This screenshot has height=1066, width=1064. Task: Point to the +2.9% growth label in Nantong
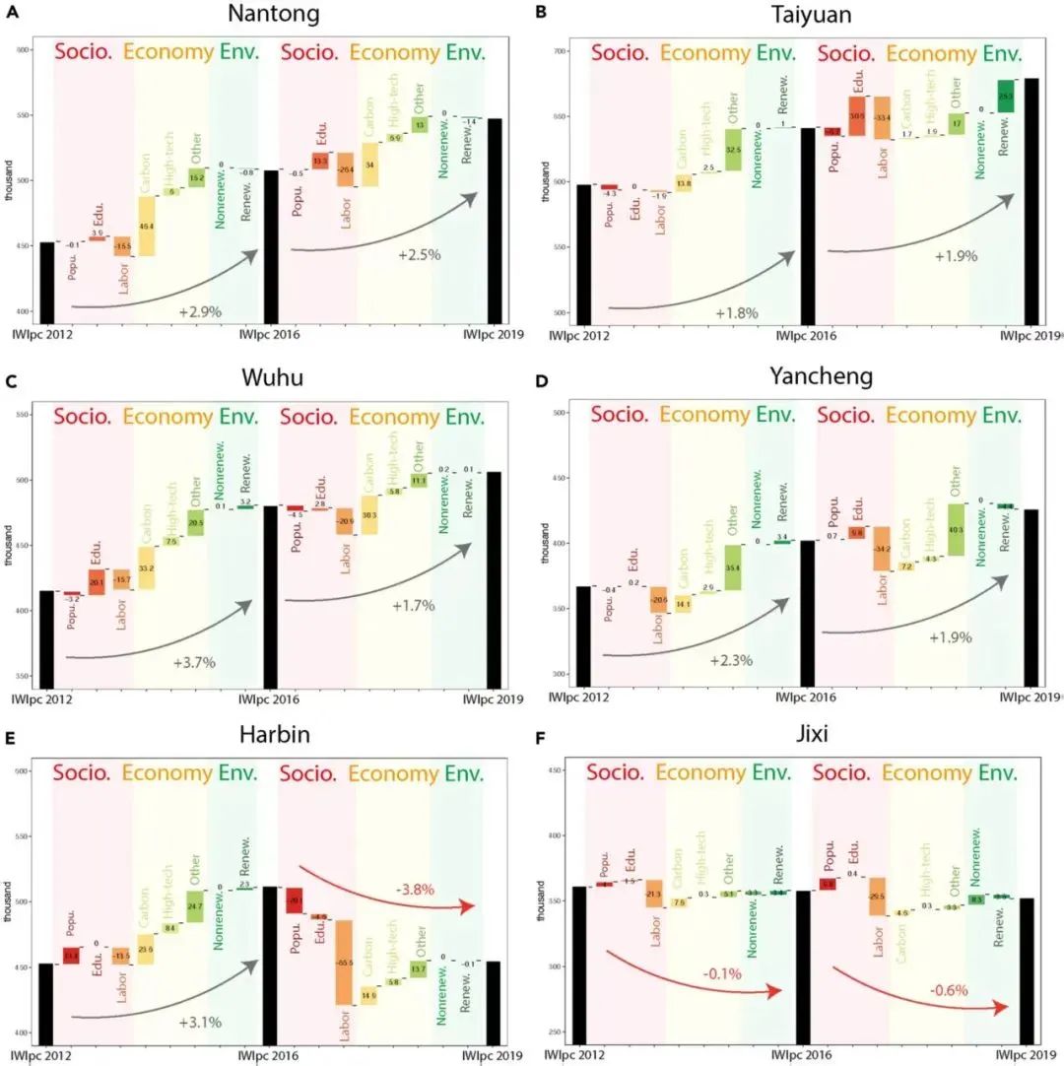click(200, 310)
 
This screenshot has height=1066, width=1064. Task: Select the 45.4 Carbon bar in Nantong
click(146, 226)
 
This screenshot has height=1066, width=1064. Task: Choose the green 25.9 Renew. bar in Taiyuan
click(1005, 96)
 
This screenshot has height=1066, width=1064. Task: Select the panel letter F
click(540, 737)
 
